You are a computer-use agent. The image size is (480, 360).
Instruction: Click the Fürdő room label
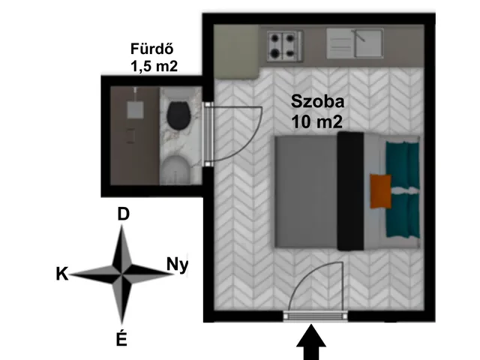pos(152,49)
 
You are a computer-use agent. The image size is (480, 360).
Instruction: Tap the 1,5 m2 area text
pos(154,66)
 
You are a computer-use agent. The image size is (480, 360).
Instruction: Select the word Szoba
pos(317,101)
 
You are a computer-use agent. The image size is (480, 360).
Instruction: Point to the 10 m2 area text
pos(316,122)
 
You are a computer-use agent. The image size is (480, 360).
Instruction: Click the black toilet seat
pos(178,116)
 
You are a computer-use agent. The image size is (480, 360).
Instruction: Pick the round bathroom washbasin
pos(175,170)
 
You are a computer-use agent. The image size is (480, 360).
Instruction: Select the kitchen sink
pos(355,43)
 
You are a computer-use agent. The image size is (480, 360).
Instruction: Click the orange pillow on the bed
pos(380,191)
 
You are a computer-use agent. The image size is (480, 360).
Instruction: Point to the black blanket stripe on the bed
pos(350,191)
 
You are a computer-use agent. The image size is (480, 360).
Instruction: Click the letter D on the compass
pos(123,214)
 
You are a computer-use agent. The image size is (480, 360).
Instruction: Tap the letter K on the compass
pos(61,274)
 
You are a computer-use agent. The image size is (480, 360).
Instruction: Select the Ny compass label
pos(177,265)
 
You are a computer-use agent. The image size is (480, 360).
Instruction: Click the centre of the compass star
pos(121,273)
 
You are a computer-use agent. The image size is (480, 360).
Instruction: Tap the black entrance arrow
pos(311,342)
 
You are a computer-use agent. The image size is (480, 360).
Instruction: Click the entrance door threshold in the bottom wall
pos(315,316)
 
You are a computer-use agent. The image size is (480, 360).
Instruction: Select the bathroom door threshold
pos(208,134)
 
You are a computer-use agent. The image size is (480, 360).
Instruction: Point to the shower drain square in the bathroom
pos(135,110)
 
